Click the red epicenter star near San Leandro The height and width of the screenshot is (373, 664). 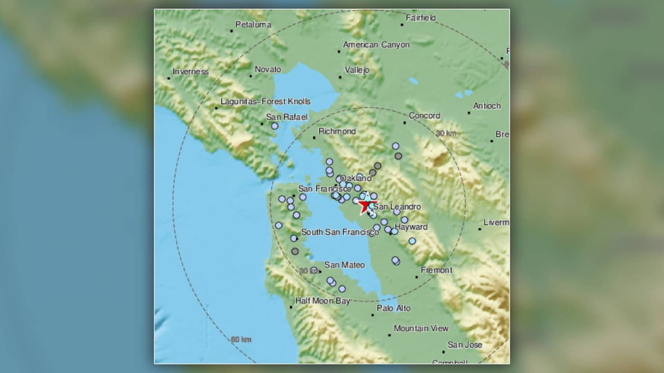pyautogui.click(x=369, y=205)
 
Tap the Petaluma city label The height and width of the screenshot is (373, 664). pyautogui.click(x=253, y=24)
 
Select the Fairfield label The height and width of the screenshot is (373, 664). pyautogui.click(x=421, y=18)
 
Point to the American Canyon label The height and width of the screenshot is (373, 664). pyautogui.click(x=376, y=45)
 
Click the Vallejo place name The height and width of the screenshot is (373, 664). pyautogui.click(x=357, y=70)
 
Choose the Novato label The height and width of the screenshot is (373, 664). pyautogui.click(x=268, y=69)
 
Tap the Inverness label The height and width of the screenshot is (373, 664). pyautogui.click(x=190, y=72)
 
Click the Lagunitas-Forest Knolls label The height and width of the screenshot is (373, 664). pyautogui.click(x=265, y=102)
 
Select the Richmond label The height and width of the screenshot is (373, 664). pyautogui.click(x=337, y=132)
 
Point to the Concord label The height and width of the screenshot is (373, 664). pyautogui.click(x=424, y=116)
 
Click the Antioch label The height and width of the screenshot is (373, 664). pyautogui.click(x=487, y=106)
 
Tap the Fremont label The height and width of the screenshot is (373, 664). pyautogui.click(x=436, y=270)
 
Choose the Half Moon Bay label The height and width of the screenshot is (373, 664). pyautogui.click(x=322, y=300)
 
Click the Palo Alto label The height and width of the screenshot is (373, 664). pyautogui.click(x=393, y=308)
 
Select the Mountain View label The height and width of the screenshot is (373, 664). pyautogui.click(x=421, y=328)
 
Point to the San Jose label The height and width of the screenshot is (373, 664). pyautogui.click(x=465, y=345)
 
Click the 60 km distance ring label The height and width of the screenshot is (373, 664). pyautogui.click(x=241, y=340)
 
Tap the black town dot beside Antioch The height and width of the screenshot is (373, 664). pyautogui.click(x=469, y=112)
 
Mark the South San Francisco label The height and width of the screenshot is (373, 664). pyautogui.click(x=340, y=232)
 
